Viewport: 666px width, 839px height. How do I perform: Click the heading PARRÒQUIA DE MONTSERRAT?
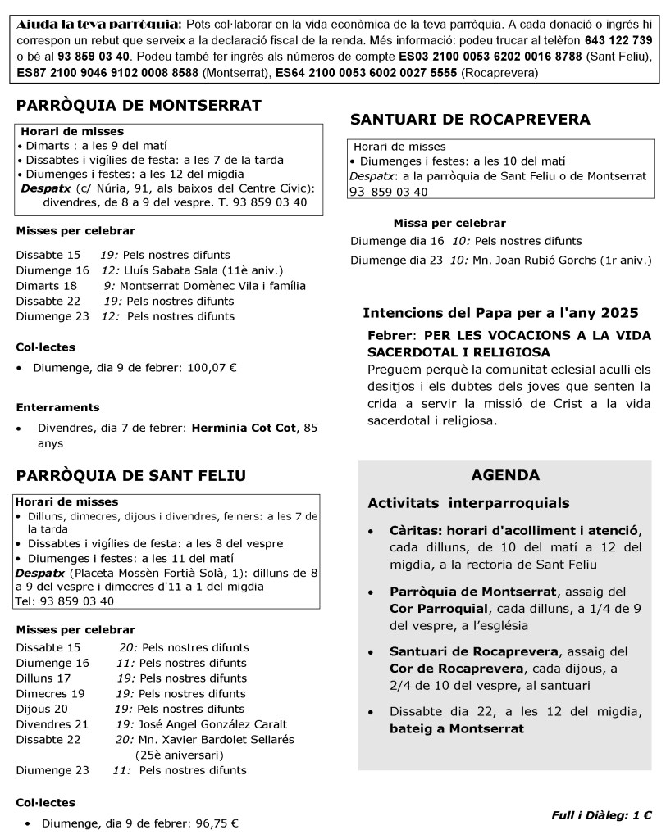tap(139, 105)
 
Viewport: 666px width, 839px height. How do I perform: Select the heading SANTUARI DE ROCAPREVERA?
tap(470, 120)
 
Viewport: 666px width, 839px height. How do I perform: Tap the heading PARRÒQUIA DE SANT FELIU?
tap(131, 476)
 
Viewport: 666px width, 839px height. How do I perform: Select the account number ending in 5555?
tap(367, 73)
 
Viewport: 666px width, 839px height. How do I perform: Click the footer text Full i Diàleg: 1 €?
tap(601, 815)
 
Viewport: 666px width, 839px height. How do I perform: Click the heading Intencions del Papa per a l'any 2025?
tap(500, 313)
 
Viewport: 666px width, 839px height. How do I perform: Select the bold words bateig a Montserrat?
tap(457, 728)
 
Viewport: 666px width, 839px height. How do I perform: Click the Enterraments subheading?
tap(57, 407)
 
